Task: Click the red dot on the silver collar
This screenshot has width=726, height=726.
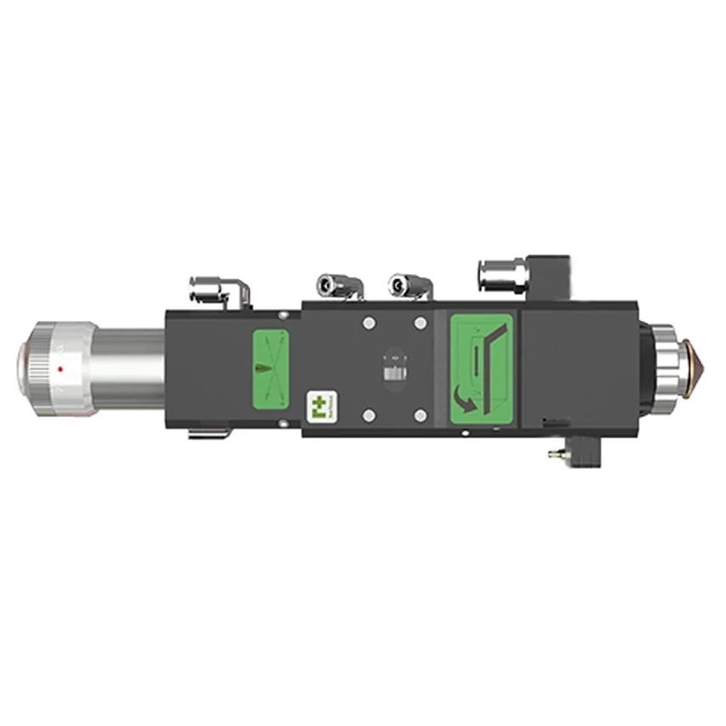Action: tap(60, 369)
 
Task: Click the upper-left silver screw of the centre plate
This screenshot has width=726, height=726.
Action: tap(369, 323)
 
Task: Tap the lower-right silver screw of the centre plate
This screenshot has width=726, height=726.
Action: tap(419, 415)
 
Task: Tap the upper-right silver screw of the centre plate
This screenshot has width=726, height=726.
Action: tap(419, 323)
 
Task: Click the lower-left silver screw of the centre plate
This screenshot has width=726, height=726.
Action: tap(369, 415)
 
